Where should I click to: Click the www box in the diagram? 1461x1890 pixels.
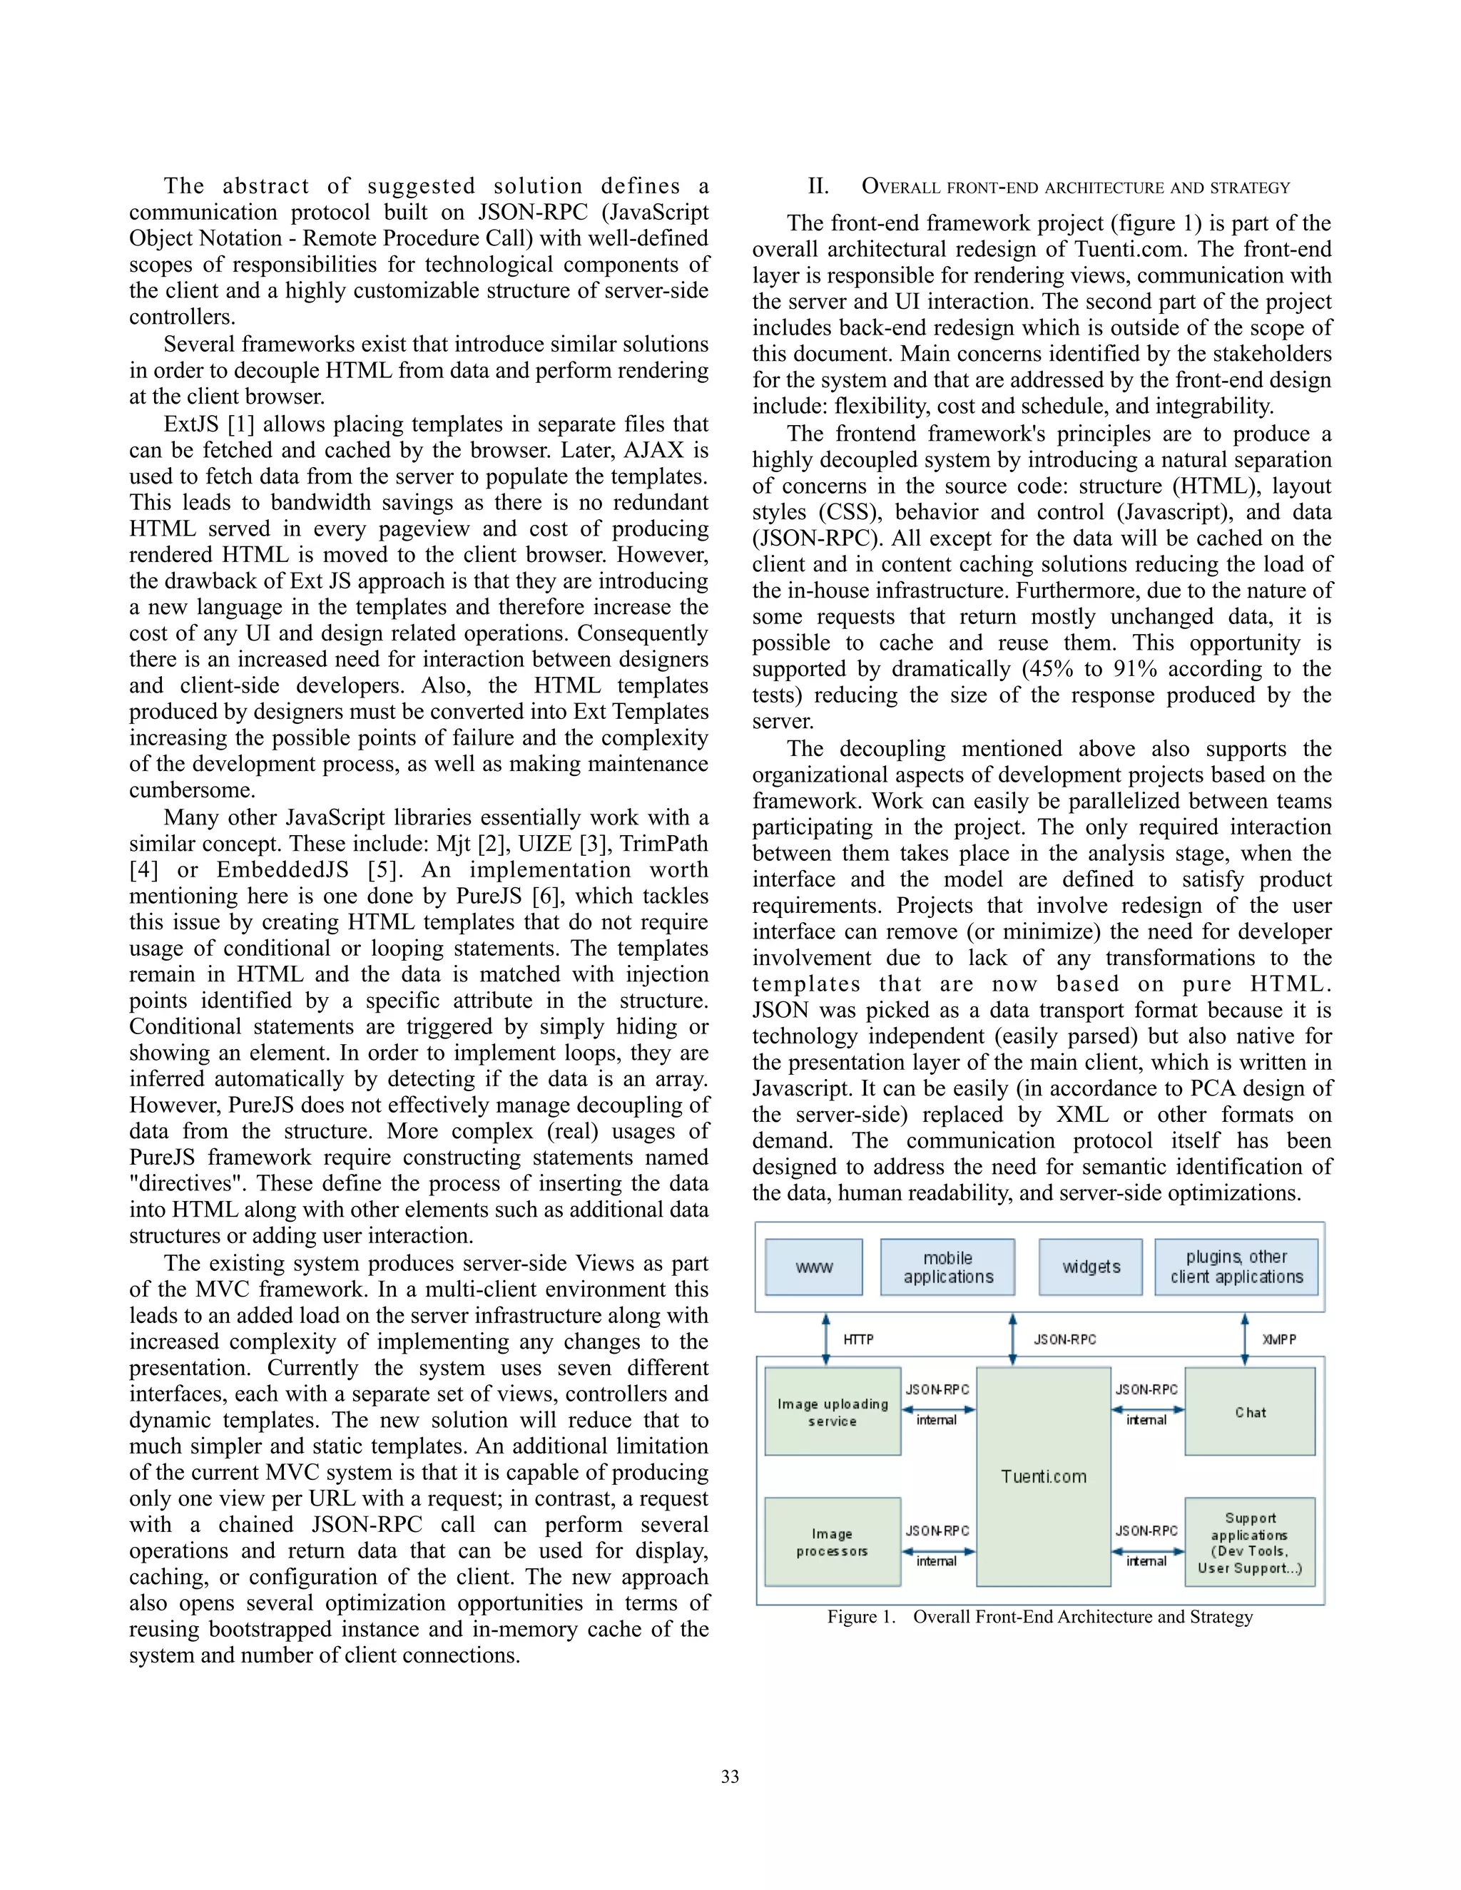813,1267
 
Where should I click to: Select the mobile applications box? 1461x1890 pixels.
948,1267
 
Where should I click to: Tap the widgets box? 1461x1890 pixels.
1091,1267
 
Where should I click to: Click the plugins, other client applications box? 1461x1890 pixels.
1236,1267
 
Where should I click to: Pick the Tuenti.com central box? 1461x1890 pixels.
1043,1476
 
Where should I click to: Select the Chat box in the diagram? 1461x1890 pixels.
1250,1411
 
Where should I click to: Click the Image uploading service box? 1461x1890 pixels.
833,1411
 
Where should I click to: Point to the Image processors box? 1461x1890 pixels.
833,1542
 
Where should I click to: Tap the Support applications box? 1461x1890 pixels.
1250,1542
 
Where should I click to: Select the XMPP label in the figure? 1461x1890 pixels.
1278,1339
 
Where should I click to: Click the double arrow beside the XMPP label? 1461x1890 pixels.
1245,1339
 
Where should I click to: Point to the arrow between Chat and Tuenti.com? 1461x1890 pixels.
1147,1410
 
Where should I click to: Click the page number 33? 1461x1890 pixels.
730,1777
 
